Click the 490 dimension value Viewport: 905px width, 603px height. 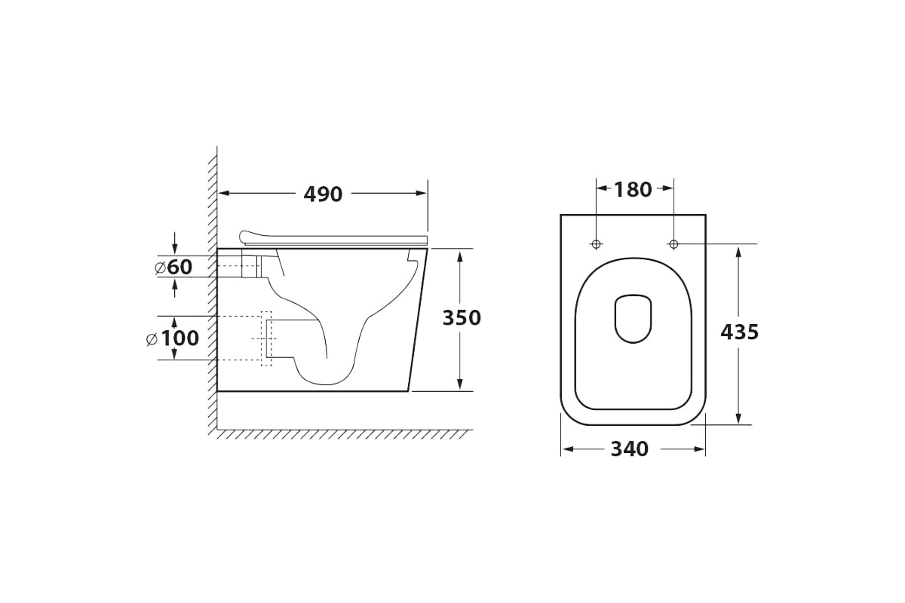point(323,194)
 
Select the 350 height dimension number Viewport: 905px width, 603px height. point(462,318)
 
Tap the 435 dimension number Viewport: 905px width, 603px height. point(740,332)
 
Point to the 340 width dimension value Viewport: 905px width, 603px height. point(630,448)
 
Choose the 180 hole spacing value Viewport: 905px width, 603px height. point(633,189)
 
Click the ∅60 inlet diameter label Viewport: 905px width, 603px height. point(173,267)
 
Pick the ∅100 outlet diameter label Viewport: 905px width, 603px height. point(173,338)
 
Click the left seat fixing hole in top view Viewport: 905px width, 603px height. point(597,244)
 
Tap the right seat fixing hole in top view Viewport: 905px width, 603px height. point(673,244)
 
